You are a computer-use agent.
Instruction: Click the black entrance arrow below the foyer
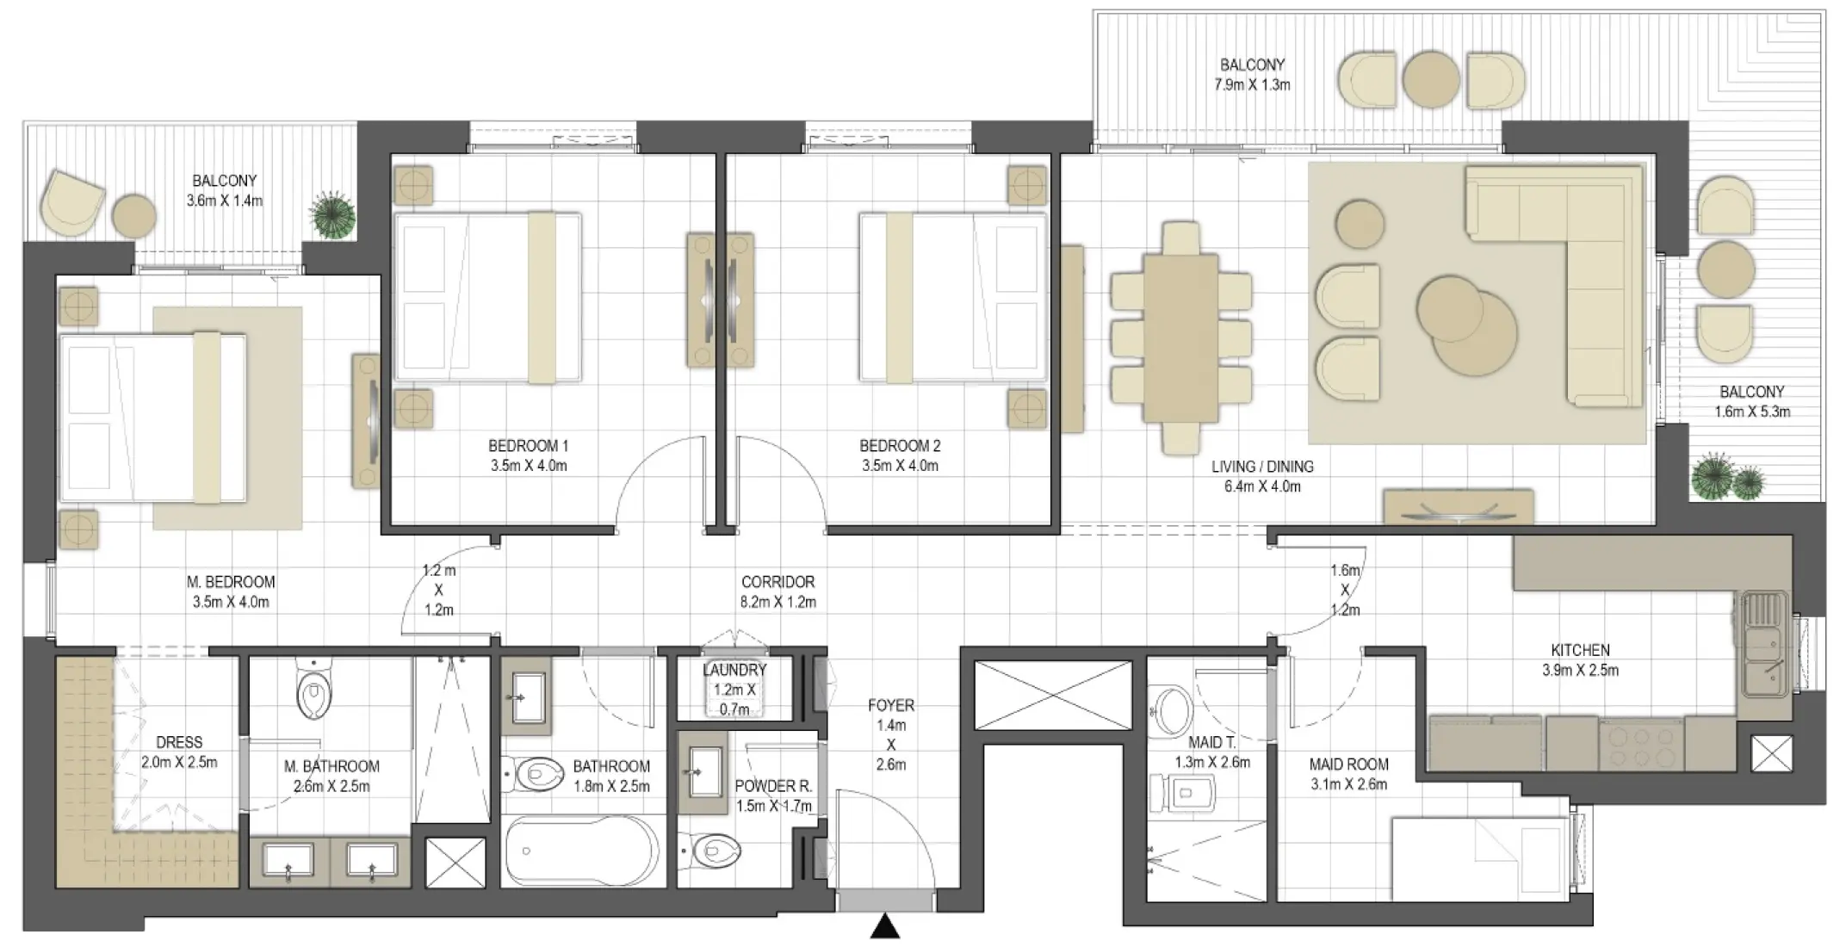(885, 927)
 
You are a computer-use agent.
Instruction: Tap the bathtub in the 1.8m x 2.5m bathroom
(582, 851)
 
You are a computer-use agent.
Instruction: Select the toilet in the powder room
(716, 851)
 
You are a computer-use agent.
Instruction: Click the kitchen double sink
(1762, 657)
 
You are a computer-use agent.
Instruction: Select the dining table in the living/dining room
(1180, 337)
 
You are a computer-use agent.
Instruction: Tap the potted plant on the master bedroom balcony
(333, 215)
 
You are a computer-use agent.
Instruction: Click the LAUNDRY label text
(734, 670)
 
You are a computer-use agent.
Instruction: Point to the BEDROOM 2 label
(900, 446)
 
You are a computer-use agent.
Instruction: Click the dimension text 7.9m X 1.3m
(1252, 84)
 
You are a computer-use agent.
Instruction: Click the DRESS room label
(179, 742)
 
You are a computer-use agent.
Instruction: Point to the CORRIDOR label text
(777, 582)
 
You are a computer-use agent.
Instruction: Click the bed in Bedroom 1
(487, 297)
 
